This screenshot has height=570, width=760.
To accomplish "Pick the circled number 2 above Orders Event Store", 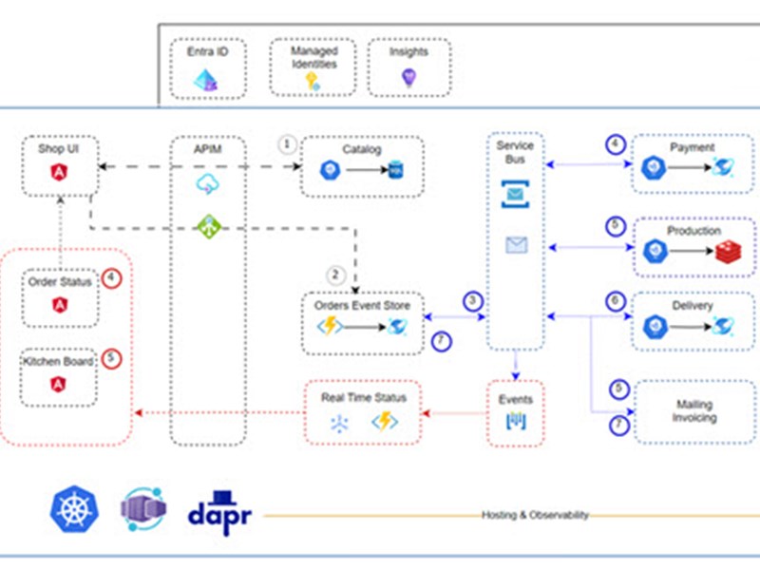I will point(335,275).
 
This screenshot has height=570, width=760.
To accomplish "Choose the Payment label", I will point(693,148).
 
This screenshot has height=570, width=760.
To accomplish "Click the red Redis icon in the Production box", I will point(727,251).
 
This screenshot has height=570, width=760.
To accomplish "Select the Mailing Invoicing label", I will point(694,411).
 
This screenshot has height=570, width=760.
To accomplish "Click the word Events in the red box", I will point(516,399).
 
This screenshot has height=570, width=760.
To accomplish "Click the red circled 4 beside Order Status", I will point(112,280).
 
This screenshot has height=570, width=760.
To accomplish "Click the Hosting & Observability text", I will point(535,515).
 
